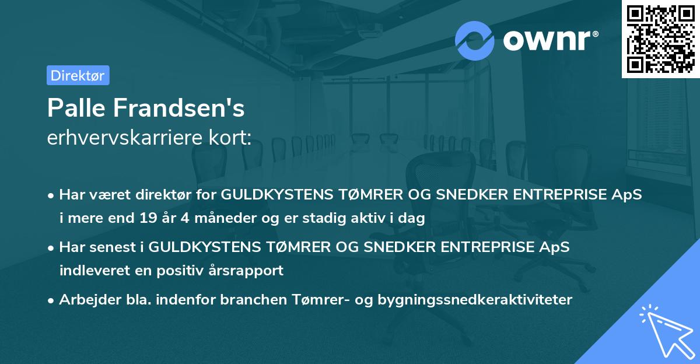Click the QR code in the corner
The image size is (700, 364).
coord(661,39)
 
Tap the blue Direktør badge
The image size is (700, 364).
coord(78,75)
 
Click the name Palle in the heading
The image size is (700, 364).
coord(75,108)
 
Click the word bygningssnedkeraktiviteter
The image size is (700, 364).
coord(475,300)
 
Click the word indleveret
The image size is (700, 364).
coord(92,270)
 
